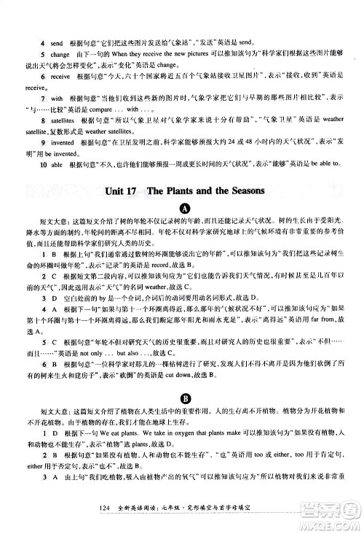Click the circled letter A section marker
tap(182, 211)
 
